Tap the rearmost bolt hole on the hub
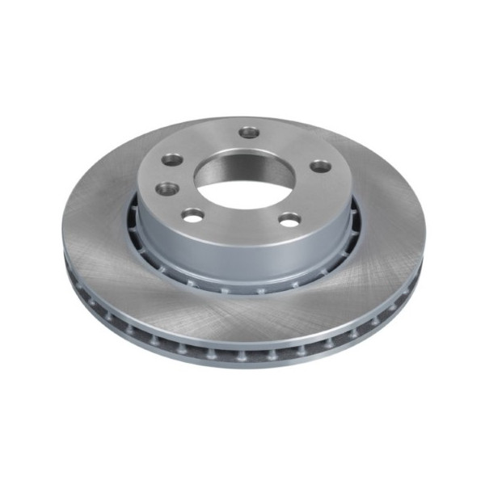(x=250, y=132)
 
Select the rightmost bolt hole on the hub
(x=321, y=166)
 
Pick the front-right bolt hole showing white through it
(x=289, y=218)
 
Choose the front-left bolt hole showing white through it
(x=193, y=215)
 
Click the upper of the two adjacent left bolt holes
(x=172, y=160)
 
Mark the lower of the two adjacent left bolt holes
(x=167, y=188)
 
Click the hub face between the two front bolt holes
(x=241, y=222)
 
